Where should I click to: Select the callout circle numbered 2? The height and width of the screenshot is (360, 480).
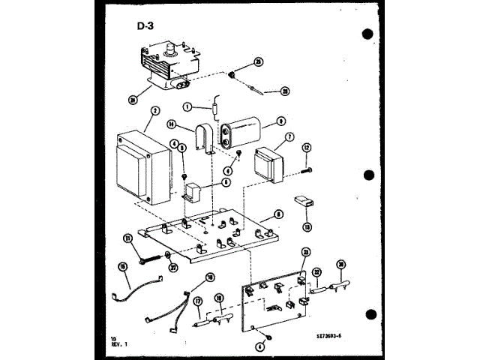click(154, 110)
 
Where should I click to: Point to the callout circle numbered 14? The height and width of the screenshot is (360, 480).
click(171, 124)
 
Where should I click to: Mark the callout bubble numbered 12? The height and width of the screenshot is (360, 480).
click(306, 148)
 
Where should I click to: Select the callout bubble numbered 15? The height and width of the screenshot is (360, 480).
click(121, 266)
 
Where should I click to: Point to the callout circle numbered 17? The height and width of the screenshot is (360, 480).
click(198, 301)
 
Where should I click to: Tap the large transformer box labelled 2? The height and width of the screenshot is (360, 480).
click(142, 169)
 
